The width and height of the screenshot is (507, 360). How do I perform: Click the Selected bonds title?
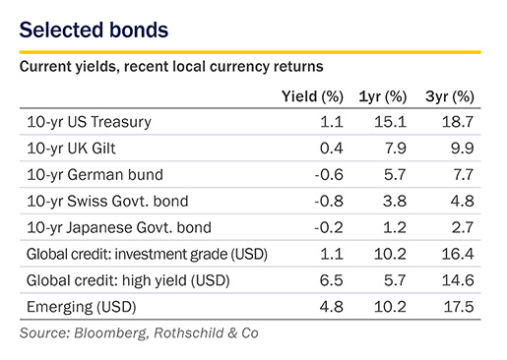(x=94, y=30)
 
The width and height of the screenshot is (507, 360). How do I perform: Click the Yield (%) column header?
(x=312, y=96)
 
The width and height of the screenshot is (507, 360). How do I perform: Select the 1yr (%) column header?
(x=383, y=96)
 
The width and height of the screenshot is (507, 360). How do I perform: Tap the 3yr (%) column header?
(x=450, y=96)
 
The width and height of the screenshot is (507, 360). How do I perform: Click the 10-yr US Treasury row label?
(x=89, y=122)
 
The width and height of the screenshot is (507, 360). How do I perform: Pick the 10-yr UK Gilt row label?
(x=71, y=149)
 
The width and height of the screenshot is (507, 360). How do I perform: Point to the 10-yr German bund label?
(x=95, y=174)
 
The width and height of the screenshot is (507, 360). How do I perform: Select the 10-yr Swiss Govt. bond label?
(x=107, y=201)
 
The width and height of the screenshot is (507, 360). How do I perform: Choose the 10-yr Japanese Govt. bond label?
(x=119, y=227)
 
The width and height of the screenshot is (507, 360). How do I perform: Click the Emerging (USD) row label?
(x=81, y=307)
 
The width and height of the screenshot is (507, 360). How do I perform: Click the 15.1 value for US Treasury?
(x=391, y=122)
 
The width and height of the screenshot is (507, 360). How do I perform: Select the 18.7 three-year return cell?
(x=458, y=122)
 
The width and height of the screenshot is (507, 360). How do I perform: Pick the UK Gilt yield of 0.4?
(x=332, y=149)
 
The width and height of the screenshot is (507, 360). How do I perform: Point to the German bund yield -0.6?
(x=329, y=174)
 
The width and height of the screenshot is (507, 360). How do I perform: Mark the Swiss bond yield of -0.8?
(x=329, y=201)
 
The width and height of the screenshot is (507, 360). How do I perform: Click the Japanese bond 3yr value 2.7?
(x=463, y=227)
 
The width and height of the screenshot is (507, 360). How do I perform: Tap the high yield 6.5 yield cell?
(x=332, y=280)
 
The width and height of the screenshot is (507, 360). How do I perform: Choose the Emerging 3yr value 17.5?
(x=459, y=307)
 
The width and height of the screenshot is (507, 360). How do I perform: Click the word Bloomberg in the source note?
(x=110, y=333)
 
